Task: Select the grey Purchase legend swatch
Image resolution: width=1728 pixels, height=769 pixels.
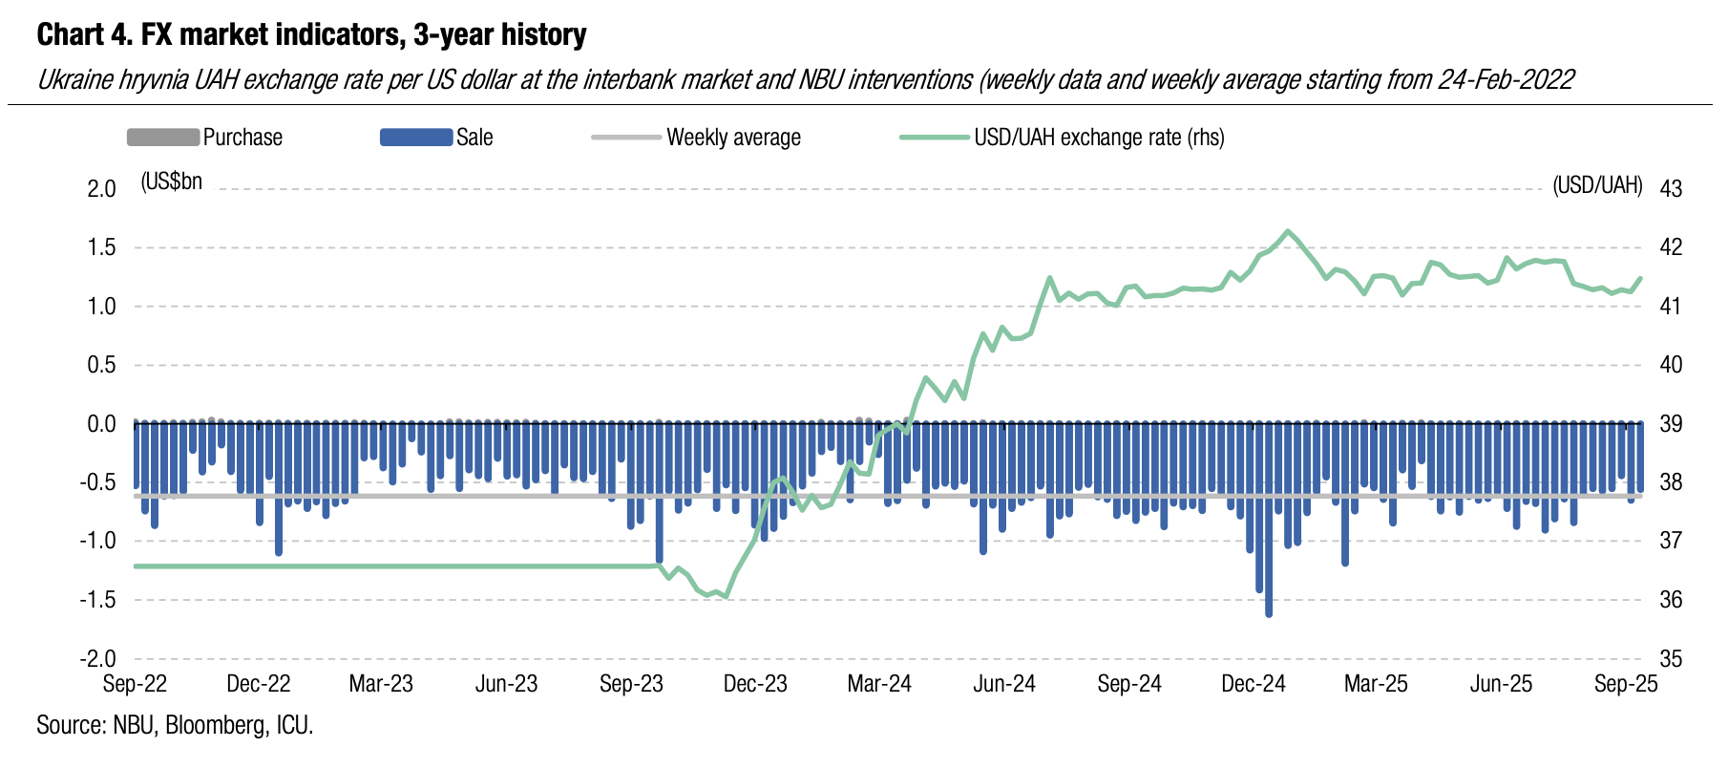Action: click(x=163, y=138)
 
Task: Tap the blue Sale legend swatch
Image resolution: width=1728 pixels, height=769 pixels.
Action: click(x=415, y=138)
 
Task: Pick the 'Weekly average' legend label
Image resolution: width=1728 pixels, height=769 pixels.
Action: click(x=733, y=138)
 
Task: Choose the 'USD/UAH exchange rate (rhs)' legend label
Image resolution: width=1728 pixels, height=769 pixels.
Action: click(x=1099, y=138)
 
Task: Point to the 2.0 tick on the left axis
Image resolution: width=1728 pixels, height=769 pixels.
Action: click(x=101, y=189)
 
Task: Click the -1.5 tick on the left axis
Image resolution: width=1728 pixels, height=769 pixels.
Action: click(x=98, y=600)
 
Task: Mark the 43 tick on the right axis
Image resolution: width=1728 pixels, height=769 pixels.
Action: click(x=1671, y=189)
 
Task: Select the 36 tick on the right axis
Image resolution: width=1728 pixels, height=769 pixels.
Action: click(x=1671, y=600)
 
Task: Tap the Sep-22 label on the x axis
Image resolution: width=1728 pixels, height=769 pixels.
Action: click(x=135, y=684)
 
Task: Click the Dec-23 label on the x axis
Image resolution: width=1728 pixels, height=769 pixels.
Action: click(x=755, y=684)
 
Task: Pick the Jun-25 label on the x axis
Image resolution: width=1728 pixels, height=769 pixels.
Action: click(x=1501, y=684)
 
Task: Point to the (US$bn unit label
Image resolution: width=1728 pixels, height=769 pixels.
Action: click(x=172, y=182)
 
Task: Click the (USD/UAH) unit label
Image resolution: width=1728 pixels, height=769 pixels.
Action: click(x=1597, y=185)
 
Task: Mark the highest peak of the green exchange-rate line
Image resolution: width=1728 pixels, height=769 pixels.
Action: click(x=1288, y=231)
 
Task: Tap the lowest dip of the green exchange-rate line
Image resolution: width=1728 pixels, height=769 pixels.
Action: click(x=727, y=597)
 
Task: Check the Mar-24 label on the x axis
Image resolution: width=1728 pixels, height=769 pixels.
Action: click(x=879, y=684)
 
